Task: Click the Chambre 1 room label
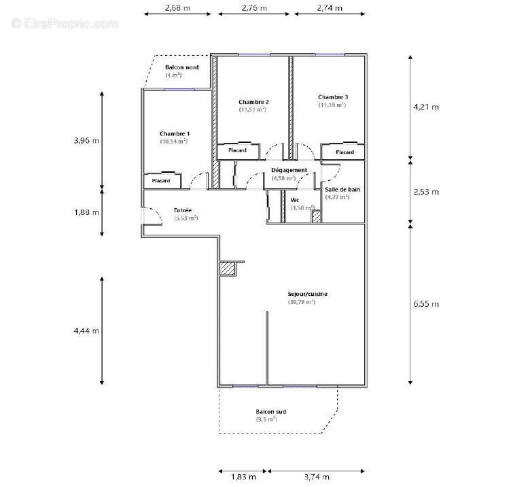[175, 133]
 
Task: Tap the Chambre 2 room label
[252, 101]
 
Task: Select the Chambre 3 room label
[332, 97]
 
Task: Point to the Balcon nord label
[181, 67]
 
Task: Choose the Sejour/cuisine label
[308, 294]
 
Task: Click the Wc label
[295, 199]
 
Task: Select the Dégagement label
[289, 170]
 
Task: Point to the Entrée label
[183, 211]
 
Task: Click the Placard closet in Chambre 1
[161, 181]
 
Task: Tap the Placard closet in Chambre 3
[344, 152]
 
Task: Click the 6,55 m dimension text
[426, 303]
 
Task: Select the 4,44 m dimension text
[86, 331]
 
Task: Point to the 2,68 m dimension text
[177, 8]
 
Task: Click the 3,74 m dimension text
[317, 477]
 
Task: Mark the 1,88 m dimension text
[86, 212]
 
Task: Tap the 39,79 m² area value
[301, 301]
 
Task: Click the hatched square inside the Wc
[315, 216]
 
